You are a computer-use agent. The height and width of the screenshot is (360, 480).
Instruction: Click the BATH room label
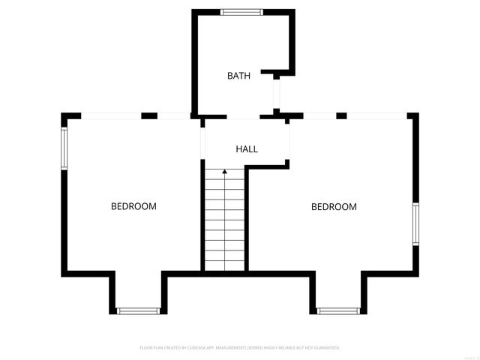[x=238, y=76]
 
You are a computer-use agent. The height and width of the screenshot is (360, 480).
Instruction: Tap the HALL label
[x=247, y=149]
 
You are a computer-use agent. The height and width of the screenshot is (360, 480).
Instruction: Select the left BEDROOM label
[x=133, y=206]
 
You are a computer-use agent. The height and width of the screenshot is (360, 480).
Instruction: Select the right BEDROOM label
[x=334, y=207]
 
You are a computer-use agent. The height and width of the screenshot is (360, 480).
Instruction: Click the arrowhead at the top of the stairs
[x=224, y=172]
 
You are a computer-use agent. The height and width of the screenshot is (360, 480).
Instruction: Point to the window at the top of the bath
[x=241, y=11]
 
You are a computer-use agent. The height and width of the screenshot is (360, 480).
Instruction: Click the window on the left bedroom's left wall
[x=64, y=148]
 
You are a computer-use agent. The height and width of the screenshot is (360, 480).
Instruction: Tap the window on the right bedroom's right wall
[x=415, y=223]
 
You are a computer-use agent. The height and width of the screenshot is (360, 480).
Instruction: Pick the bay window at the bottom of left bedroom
[x=139, y=310]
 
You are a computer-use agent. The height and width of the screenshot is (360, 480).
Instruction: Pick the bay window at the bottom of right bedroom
[x=339, y=310]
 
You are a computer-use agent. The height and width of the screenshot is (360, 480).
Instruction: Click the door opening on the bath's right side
[x=276, y=94]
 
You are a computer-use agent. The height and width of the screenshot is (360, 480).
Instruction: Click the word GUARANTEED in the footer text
[x=326, y=348]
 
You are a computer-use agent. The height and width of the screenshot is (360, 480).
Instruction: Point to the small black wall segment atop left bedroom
[x=149, y=115]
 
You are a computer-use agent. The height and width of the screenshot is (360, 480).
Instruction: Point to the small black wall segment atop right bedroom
[x=341, y=115]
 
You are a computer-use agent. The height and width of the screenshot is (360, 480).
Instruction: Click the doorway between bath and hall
[x=243, y=117]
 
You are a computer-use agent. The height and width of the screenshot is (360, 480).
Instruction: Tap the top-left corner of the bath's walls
[x=195, y=13]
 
